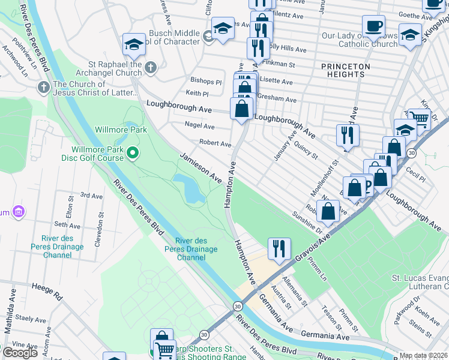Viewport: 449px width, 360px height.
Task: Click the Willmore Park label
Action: click(121, 129)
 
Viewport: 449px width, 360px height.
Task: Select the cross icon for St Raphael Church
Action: click(150, 67)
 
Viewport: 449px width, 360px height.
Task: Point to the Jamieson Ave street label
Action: click(200, 168)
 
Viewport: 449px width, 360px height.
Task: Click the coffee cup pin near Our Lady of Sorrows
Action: click(373, 27)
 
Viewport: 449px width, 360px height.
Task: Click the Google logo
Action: click(20, 352)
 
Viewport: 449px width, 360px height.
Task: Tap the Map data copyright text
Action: click(424, 355)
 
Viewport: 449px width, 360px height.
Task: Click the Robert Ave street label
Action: click(215, 144)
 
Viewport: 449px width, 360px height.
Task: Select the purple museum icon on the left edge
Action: click(18, 211)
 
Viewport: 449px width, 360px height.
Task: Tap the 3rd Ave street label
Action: click(91, 196)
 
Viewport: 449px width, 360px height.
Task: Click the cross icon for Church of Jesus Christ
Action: click(43, 88)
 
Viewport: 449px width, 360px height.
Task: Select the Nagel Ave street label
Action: click(200, 127)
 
